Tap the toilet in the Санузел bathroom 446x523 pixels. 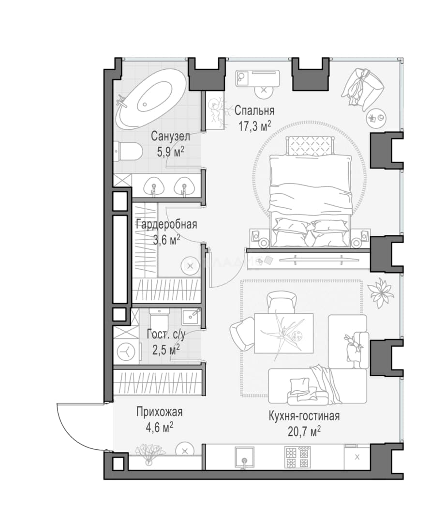(x=128, y=151)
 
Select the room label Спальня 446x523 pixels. (x=254, y=110)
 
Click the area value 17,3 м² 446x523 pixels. (x=254, y=126)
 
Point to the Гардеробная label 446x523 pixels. (x=166, y=224)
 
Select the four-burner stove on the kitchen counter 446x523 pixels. (x=296, y=457)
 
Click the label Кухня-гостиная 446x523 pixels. (x=304, y=416)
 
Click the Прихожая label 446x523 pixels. (x=159, y=412)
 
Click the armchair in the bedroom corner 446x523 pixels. (x=363, y=89)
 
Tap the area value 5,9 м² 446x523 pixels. (x=171, y=152)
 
